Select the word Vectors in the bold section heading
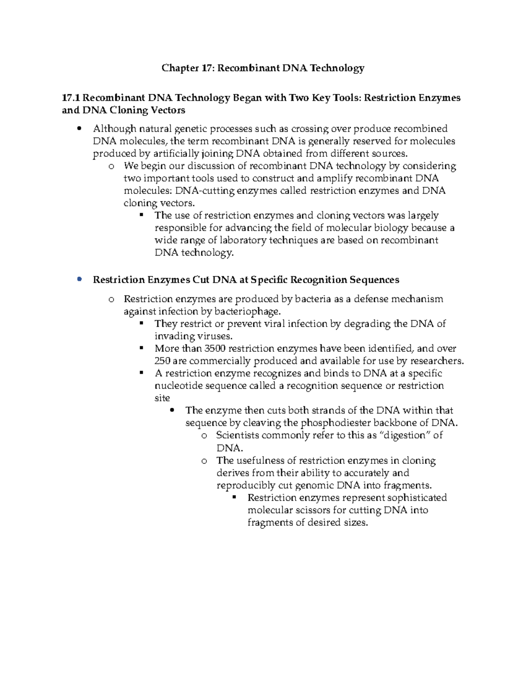coord(168,110)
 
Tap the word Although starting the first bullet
coord(114,128)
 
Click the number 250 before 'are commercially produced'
coord(163,361)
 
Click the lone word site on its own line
coord(162,398)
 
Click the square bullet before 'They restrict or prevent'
coord(141,324)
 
